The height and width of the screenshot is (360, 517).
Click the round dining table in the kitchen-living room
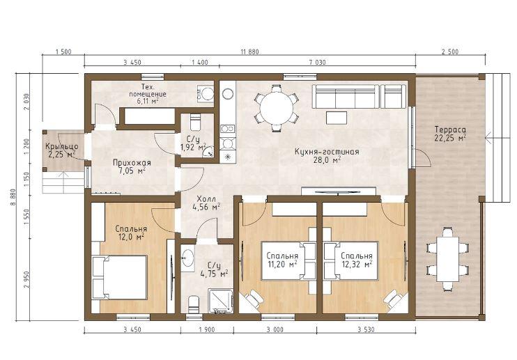tap(277, 108)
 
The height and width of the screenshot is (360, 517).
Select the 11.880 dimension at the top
tap(249, 52)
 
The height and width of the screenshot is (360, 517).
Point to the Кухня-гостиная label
tap(326, 152)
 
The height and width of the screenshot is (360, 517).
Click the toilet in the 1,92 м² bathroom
tap(195, 122)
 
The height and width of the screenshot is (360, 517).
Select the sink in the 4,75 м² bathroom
tap(187, 257)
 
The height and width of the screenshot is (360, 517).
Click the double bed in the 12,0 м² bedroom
tap(119, 277)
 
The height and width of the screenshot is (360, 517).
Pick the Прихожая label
tap(132, 163)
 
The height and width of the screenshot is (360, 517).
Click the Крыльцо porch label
tap(61, 146)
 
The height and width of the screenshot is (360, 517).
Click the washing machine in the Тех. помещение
tap(205, 94)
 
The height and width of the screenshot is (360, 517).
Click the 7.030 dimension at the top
tap(316, 62)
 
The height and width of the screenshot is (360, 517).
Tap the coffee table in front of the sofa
tap(337, 118)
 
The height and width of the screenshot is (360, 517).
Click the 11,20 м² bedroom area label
tap(282, 264)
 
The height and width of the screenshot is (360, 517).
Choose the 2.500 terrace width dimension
tap(450, 52)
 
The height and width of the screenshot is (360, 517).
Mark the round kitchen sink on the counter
tap(228, 94)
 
